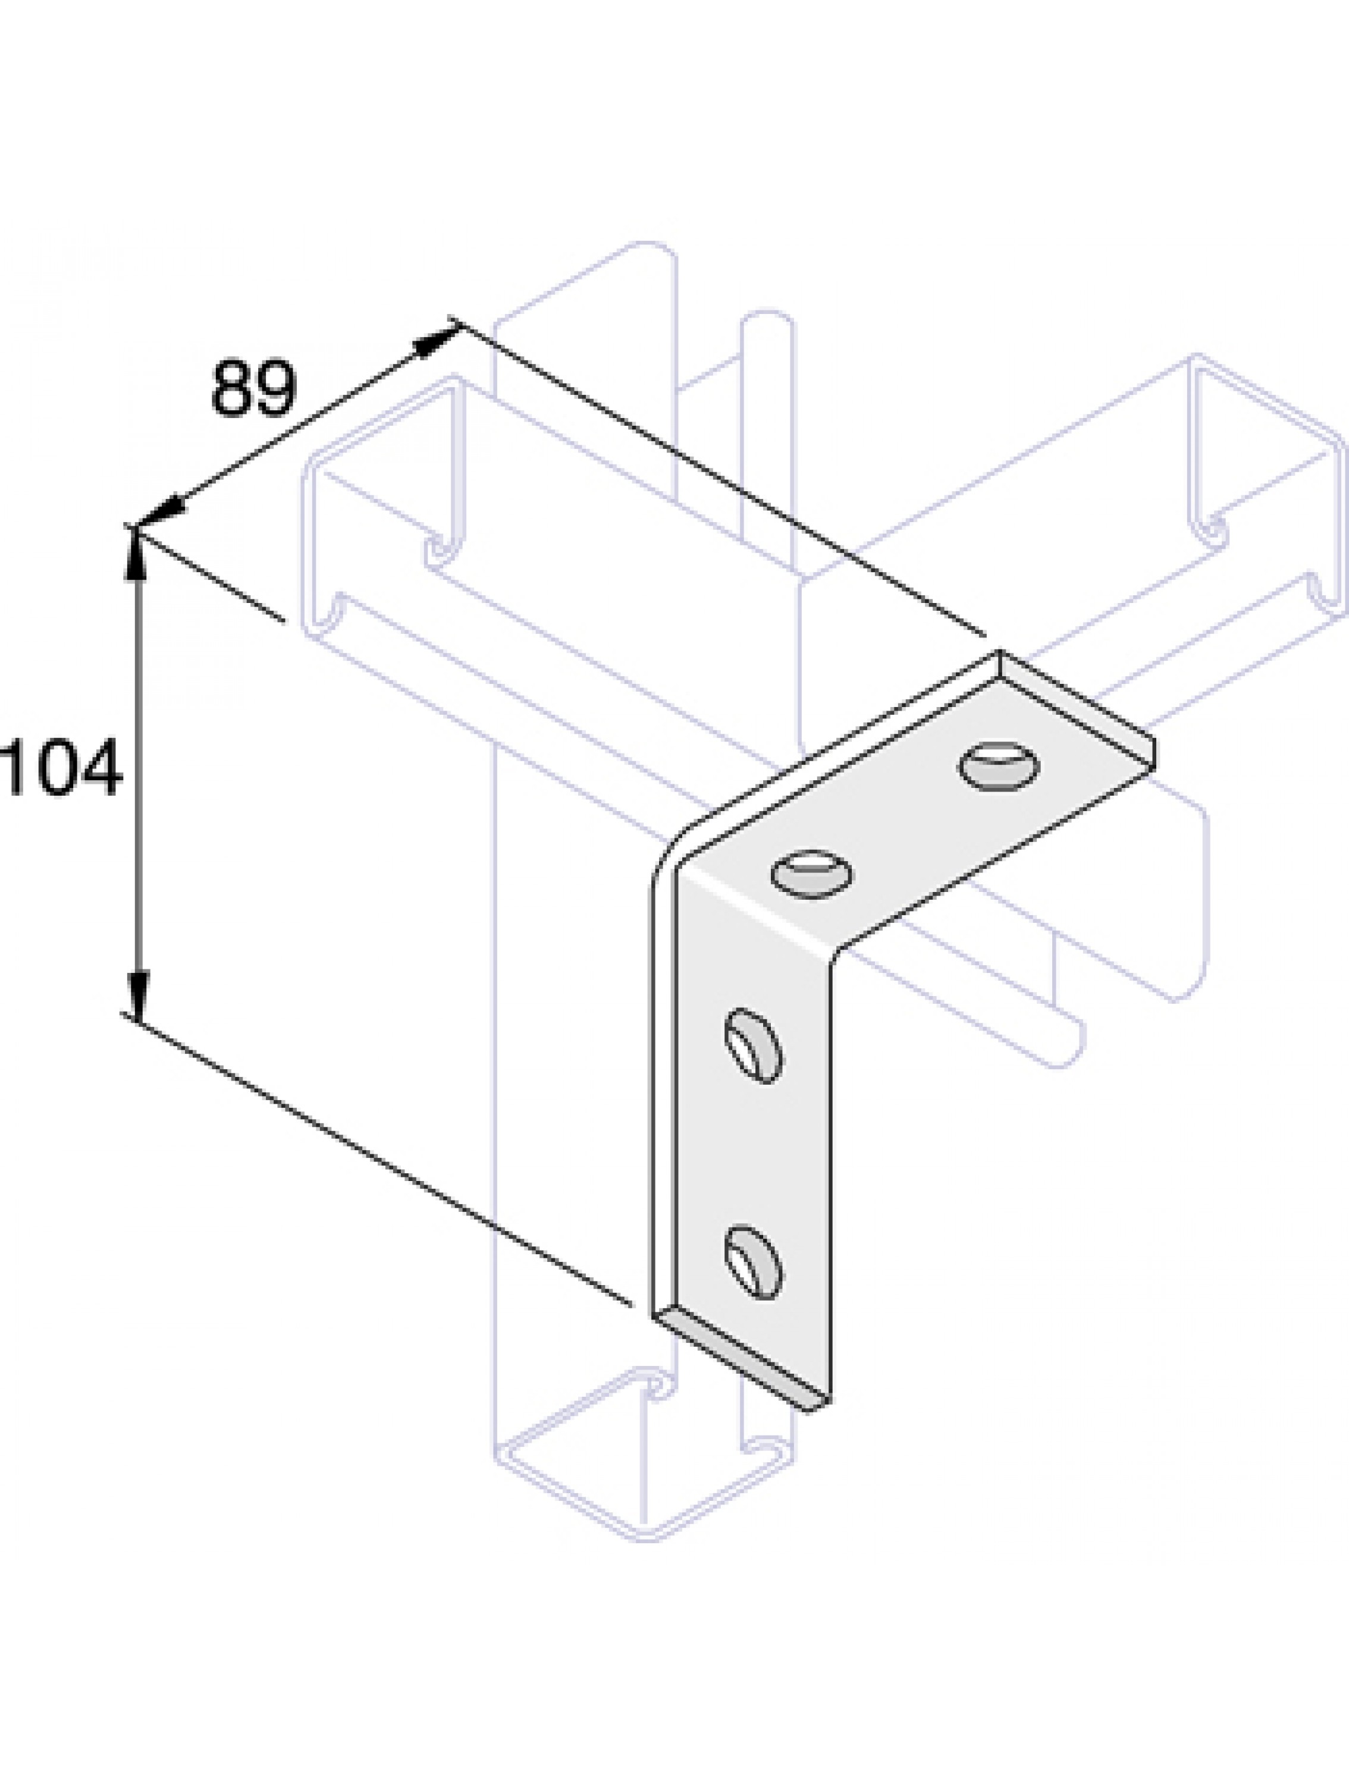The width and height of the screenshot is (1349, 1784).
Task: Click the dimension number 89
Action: tap(253, 390)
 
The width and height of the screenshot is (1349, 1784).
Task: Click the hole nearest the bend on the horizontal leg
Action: tap(812, 874)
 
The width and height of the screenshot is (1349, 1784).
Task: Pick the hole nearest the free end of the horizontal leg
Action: tap(999, 765)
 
